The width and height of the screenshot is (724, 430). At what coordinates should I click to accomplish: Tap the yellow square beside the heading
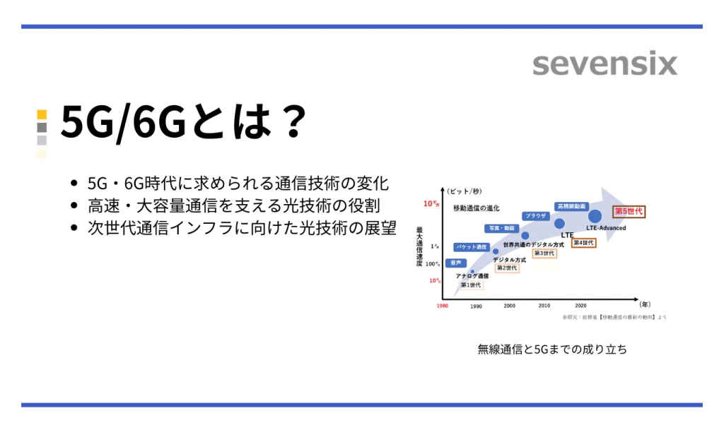click(x=42, y=114)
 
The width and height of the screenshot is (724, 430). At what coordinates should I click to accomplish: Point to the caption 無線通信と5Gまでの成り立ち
click(x=551, y=349)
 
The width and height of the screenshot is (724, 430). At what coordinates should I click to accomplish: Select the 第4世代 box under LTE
click(x=583, y=243)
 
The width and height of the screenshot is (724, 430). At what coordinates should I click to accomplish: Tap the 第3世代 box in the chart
click(x=544, y=253)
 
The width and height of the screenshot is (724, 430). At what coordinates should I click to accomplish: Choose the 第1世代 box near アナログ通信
click(x=470, y=285)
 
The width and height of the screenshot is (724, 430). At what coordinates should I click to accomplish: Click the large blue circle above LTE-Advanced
click(x=595, y=216)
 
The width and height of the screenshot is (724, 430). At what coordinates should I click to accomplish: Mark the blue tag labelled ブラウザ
click(x=535, y=216)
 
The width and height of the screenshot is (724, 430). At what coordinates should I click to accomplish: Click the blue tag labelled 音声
click(x=456, y=263)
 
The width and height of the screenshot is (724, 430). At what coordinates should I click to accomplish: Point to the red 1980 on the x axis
click(x=442, y=306)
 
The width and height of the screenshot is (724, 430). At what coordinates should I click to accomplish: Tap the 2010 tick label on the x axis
click(x=544, y=306)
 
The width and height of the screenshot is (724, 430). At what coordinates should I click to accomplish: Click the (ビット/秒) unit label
click(x=464, y=191)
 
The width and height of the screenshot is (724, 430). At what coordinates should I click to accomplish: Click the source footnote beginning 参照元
click(x=614, y=317)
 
